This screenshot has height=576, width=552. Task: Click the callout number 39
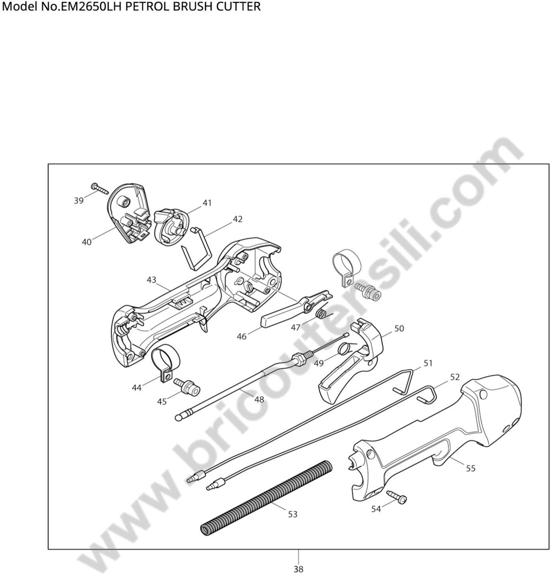point(79,201)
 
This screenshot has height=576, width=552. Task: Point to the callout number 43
point(151,280)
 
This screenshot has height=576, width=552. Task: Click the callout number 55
point(471,468)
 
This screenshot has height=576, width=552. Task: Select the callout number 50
point(399,328)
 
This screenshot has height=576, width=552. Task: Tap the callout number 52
point(454,377)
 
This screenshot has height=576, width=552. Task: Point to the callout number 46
point(242,337)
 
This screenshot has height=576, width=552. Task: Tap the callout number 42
point(237,219)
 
